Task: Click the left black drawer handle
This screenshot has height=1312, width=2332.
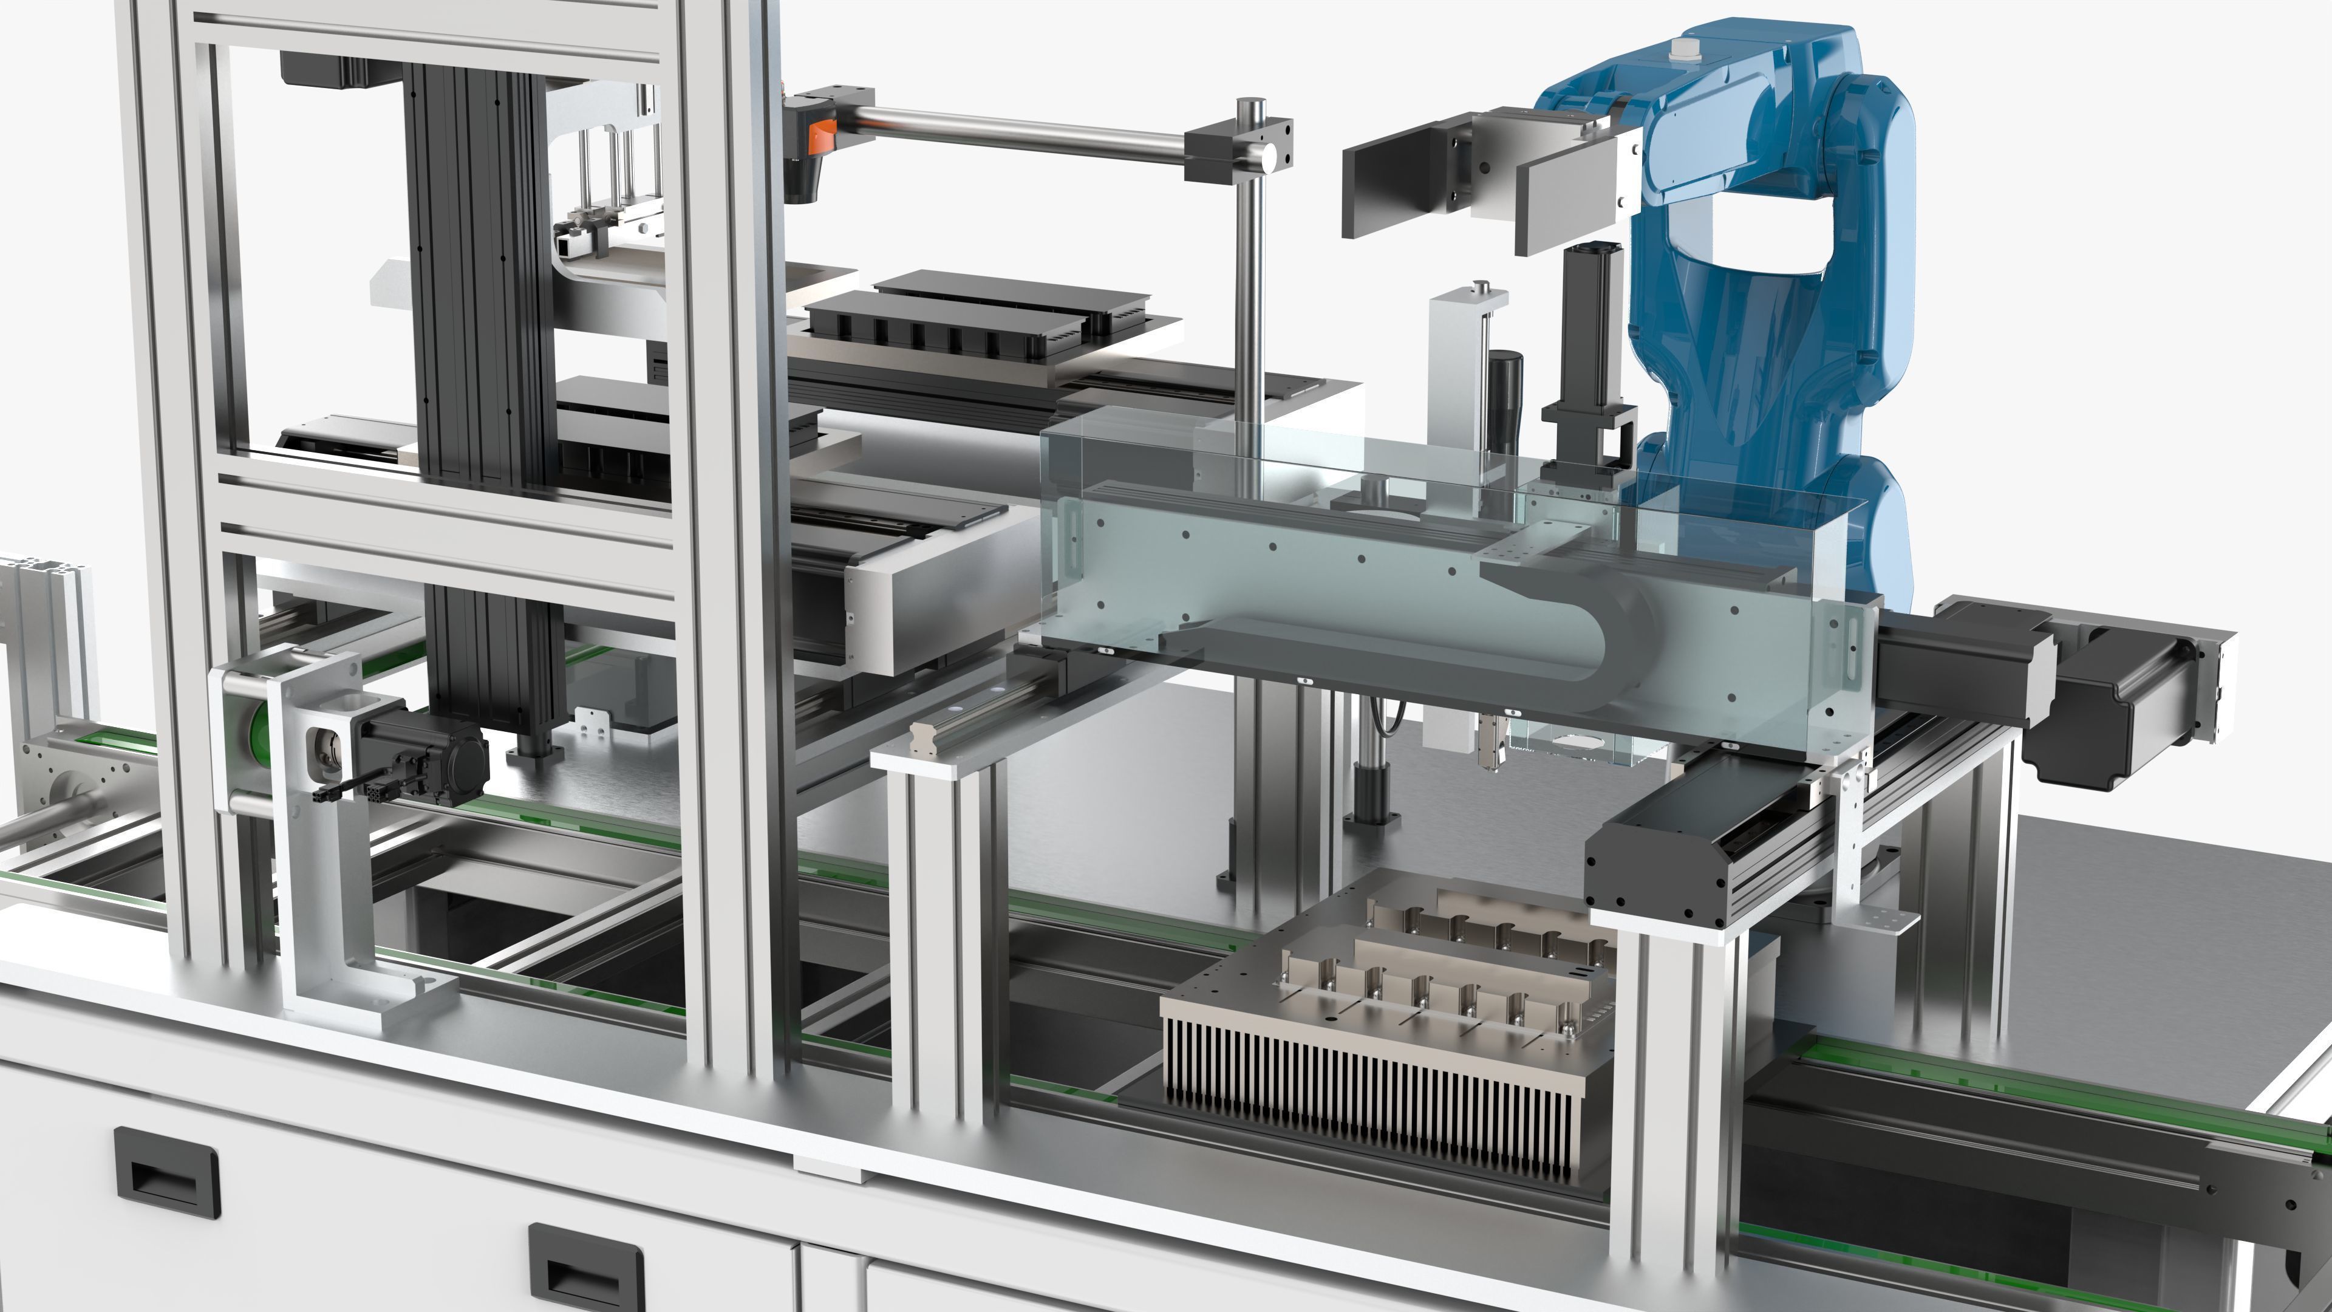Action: (x=168, y=1172)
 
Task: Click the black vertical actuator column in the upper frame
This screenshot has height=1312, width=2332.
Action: (x=476, y=272)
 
